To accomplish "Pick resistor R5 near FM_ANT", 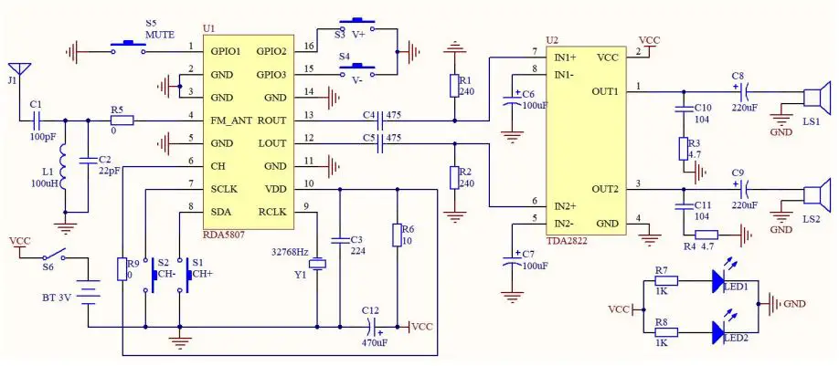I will tap(122, 120).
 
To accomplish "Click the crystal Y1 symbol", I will tap(316, 265).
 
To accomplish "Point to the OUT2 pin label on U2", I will tap(605, 189).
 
